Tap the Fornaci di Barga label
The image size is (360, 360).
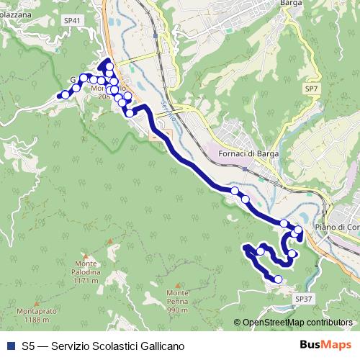[x=248, y=153]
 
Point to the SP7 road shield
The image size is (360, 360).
[x=310, y=88]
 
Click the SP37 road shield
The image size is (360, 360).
[x=303, y=297]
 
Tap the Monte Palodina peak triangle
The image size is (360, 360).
[x=85, y=255]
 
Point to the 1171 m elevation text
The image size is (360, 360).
[x=85, y=279]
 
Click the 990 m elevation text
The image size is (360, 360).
[x=178, y=310]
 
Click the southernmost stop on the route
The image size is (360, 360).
[x=279, y=279]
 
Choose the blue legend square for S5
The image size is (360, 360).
[x=9, y=346]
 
